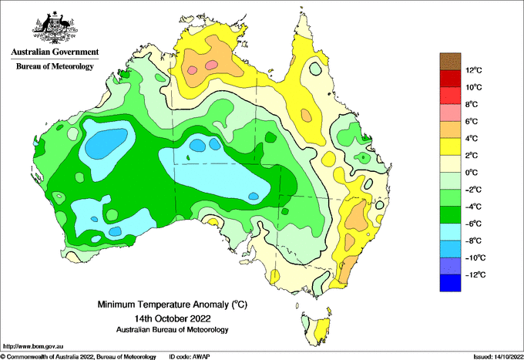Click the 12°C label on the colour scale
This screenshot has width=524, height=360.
474,70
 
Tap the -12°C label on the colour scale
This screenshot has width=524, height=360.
475,274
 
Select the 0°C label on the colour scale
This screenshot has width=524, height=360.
472,173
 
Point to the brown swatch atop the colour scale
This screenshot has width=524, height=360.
450,62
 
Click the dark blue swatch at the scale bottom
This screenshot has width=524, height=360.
450,283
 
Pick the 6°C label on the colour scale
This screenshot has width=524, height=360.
472,121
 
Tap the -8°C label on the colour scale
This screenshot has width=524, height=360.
473,241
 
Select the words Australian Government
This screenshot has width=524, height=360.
55,52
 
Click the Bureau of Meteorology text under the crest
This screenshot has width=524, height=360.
55,66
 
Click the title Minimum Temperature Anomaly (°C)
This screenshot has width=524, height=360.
173,304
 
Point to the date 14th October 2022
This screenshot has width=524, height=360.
173,318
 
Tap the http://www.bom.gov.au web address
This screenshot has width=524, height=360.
33,347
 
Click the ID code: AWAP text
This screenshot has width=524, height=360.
190,357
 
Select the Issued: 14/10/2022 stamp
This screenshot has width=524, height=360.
498,357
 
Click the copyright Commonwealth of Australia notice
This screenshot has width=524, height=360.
78,357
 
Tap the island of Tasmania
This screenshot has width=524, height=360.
317,329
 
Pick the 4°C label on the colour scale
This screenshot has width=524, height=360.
472,139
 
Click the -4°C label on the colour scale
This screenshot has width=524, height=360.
473,207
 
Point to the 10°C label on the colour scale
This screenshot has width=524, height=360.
474,87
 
